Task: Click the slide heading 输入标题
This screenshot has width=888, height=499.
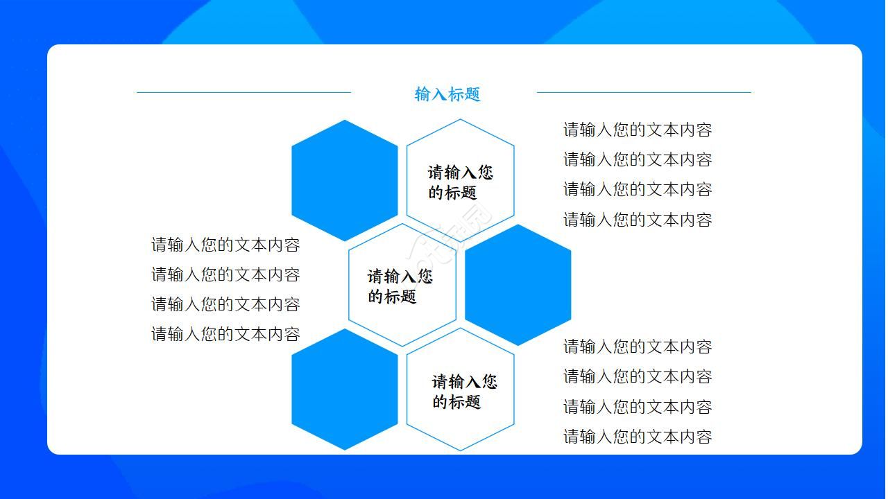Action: (447, 94)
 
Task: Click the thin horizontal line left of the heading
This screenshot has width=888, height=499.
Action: (244, 92)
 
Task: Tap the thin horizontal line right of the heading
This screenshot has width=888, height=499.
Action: (643, 92)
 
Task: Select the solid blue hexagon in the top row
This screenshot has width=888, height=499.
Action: (345, 180)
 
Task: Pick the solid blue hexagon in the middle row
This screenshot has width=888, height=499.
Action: (518, 285)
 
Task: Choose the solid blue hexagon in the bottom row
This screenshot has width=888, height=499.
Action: (345, 389)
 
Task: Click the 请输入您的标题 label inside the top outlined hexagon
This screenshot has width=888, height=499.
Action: (460, 182)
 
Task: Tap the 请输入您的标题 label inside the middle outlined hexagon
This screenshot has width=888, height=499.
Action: (400, 286)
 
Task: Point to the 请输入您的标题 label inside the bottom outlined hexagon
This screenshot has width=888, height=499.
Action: (464, 392)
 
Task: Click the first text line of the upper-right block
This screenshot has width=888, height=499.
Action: (638, 130)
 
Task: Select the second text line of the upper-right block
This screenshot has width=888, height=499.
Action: (638, 159)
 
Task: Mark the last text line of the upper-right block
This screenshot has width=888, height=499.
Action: (638, 220)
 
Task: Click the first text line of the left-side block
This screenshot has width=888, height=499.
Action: (225, 245)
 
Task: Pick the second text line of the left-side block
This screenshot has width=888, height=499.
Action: (225, 274)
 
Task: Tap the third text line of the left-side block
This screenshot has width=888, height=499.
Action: (225, 304)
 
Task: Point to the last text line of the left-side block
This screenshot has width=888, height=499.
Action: (225, 334)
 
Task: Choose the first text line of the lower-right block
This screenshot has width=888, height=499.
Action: (638, 347)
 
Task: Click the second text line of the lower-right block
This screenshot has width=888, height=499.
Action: (638, 376)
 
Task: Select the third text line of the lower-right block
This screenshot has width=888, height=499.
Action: (638, 407)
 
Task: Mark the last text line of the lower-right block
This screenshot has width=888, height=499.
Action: (638, 437)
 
